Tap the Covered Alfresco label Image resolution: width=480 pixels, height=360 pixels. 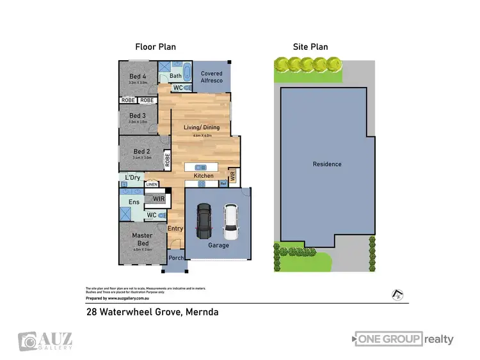pyautogui.click(x=212, y=77)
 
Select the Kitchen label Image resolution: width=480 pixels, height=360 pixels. pyautogui.click(x=204, y=176)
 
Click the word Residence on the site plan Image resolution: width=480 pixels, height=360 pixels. pyautogui.click(x=327, y=164)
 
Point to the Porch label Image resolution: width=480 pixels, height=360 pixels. pyautogui.click(x=176, y=258)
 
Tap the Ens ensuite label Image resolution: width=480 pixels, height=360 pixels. pyautogui.click(x=134, y=202)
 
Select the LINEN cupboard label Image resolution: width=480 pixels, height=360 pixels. pyautogui.click(x=152, y=185)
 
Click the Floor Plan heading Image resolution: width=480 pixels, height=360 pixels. pyautogui.click(x=155, y=47)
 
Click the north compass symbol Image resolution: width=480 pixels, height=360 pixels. pyautogui.click(x=397, y=295)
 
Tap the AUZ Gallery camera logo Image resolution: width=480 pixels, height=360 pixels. pyautogui.click(x=27, y=341)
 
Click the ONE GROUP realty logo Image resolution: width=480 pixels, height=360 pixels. pyautogui.click(x=403, y=339)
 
